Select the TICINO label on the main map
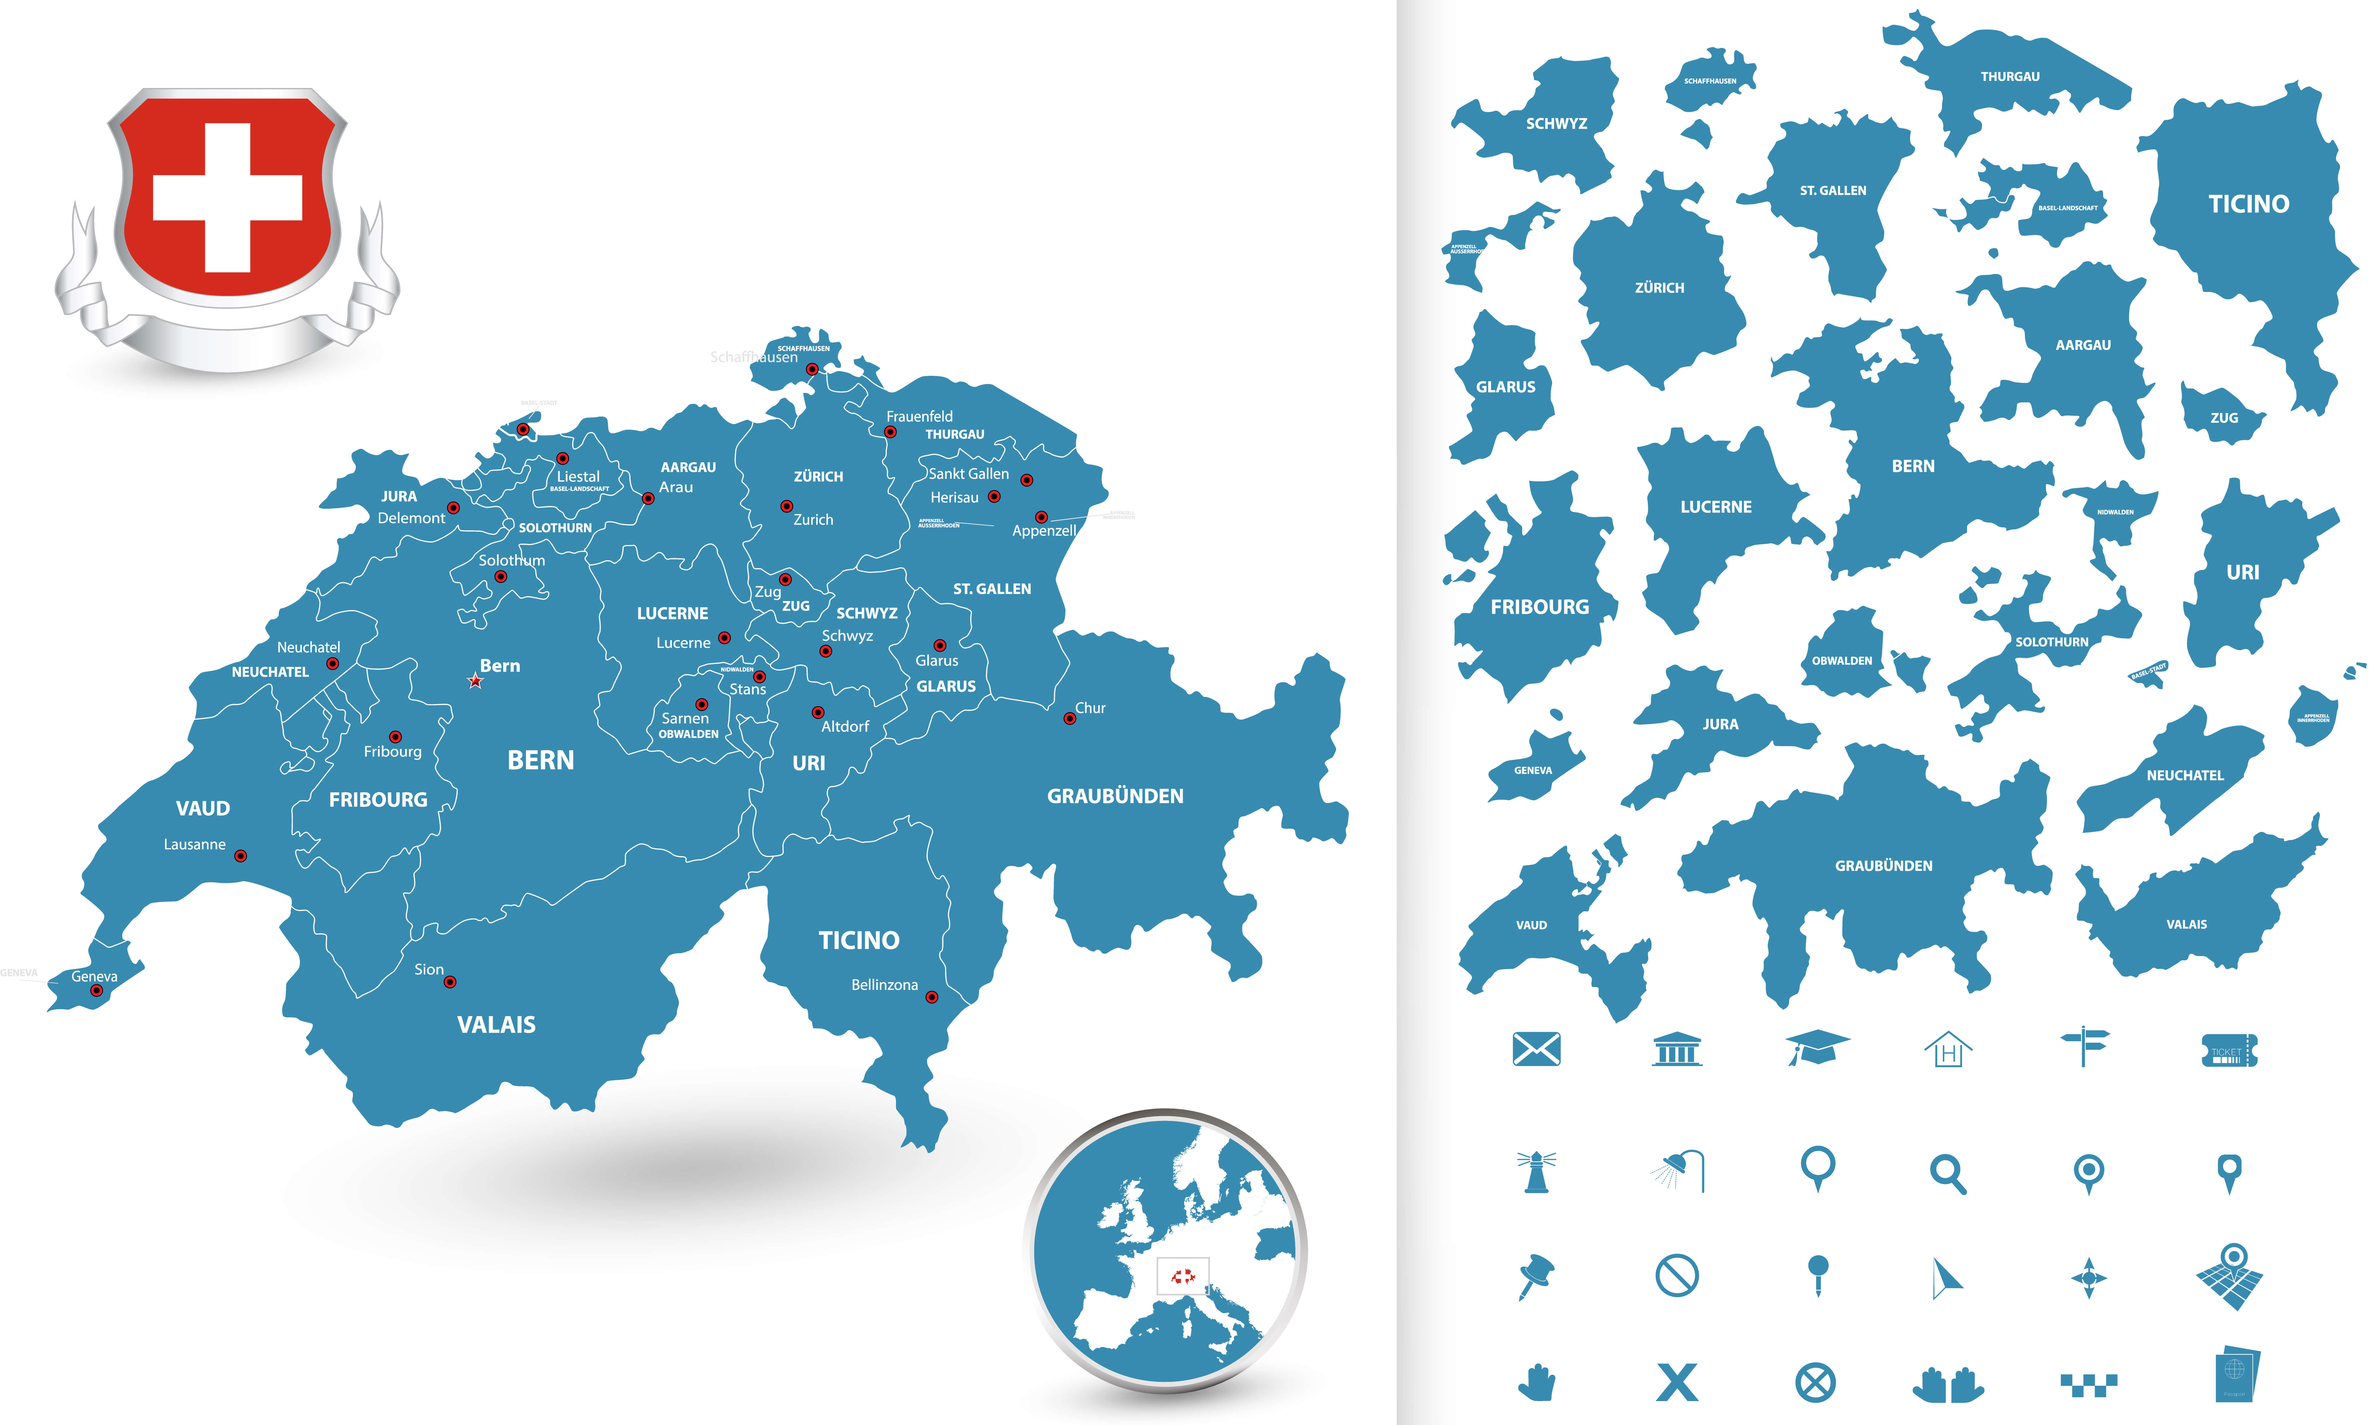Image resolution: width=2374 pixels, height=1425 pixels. [x=858, y=940]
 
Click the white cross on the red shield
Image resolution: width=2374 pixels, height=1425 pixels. [x=228, y=197]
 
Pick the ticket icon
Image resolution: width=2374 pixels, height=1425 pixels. [x=2228, y=1049]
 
